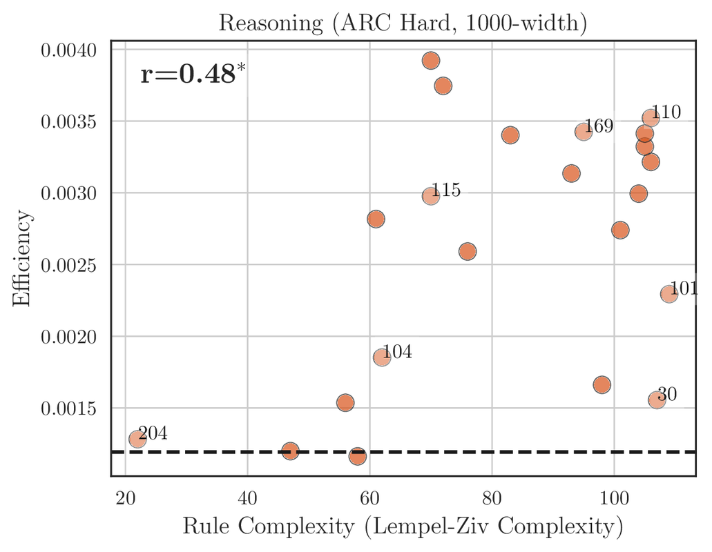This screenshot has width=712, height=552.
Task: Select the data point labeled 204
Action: pos(137,439)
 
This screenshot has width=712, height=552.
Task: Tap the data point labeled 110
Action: pos(651,118)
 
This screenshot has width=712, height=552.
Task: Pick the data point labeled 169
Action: pos(584,132)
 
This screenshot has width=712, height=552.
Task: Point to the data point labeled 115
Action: pos(431,196)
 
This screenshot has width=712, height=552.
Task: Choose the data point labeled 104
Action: pos(382,357)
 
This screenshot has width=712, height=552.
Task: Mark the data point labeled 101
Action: pos(669,294)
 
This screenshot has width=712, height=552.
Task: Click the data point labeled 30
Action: pos(657,400)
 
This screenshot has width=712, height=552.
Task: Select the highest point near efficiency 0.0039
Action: pos(431,61)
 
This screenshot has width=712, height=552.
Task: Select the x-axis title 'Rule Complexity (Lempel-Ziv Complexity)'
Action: pos(403,528)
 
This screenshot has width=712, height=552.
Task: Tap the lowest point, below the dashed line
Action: pos(358,456)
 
